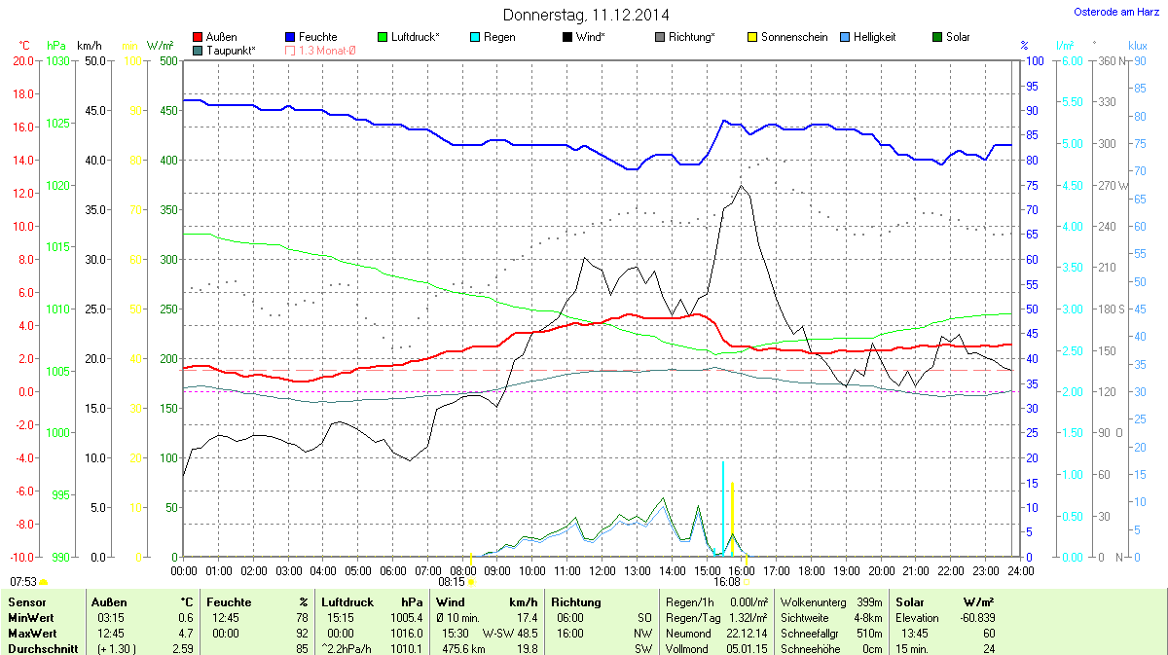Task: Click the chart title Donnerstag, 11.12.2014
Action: coord(586,15)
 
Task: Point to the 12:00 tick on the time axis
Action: coord(602,570)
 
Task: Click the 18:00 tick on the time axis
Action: coord(812,570)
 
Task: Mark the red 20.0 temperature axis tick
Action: coord(22,60)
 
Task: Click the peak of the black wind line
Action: coord(742,186)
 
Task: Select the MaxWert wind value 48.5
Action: coord(526,632)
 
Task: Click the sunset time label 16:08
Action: coord(727,581)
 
